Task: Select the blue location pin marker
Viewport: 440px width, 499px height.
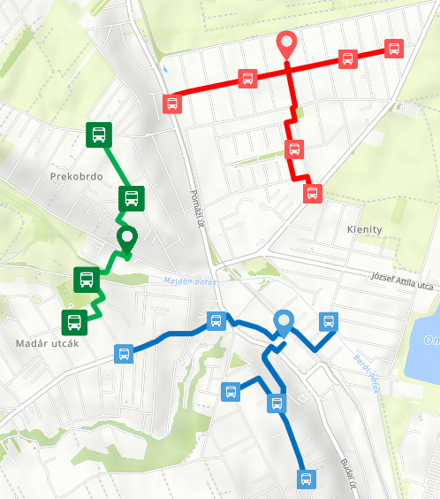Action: [x=284, y=323]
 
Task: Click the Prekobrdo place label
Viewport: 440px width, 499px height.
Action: [x=77, y=177]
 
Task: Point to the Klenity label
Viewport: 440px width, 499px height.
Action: [x=359, y=230]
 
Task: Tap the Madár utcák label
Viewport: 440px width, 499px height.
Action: [x=42, y=343]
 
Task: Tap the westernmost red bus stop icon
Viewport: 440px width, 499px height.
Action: [x=172, y=103]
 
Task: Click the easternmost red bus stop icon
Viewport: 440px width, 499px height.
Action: [x=393, y=49]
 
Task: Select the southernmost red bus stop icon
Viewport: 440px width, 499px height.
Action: [x=312, y=193]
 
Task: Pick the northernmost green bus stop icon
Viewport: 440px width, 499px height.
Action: [x=98, y=135]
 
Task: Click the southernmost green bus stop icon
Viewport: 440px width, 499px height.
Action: [x=73, y=322]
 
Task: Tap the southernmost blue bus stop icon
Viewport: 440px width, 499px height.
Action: [x=306, y=480]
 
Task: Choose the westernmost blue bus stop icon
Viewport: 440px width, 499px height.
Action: [x=124, y=355]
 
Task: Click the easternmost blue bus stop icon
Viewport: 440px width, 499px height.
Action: [x=328, y=322]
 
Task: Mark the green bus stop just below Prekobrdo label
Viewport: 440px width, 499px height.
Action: [x=132, y=199]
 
